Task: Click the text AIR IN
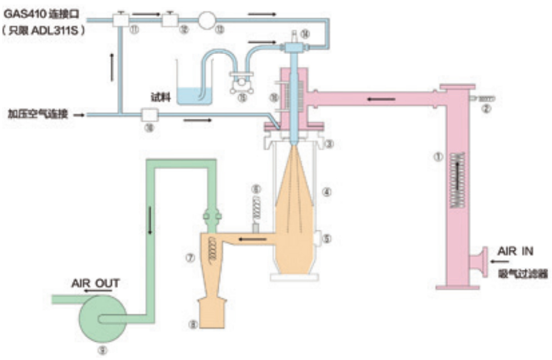tap(515, 251)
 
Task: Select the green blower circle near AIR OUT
tap(101, 318)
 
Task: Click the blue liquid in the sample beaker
tap(193, 95)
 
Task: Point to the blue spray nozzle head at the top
tap(292, 48)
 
